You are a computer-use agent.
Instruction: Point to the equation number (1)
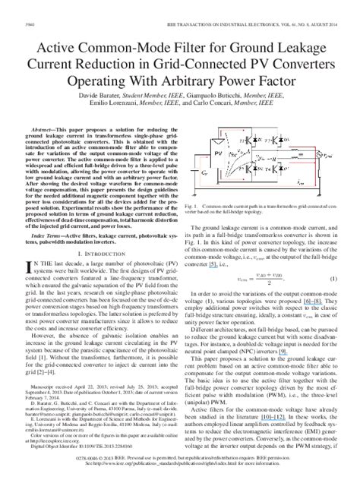[x=332, y=279]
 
